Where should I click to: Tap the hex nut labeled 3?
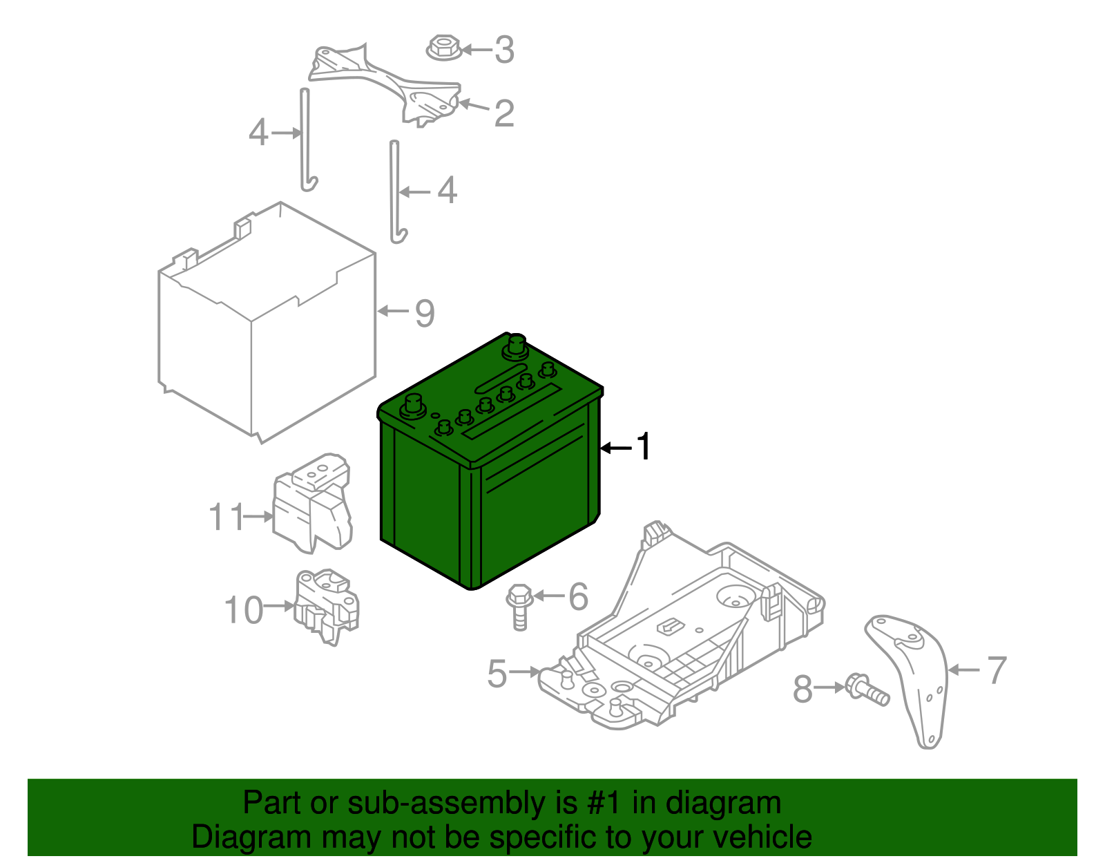point(443,49)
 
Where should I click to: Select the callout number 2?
point(504,113)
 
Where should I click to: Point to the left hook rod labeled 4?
point(305,138)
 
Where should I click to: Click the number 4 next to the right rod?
point(448,190)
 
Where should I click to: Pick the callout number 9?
point(425,313)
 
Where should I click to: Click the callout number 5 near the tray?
point(497,673)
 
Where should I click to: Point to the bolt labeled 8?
point(867,690)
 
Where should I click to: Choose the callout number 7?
point(997,670)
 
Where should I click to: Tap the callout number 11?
point(227,517)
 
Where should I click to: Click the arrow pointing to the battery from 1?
point(615,448)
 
